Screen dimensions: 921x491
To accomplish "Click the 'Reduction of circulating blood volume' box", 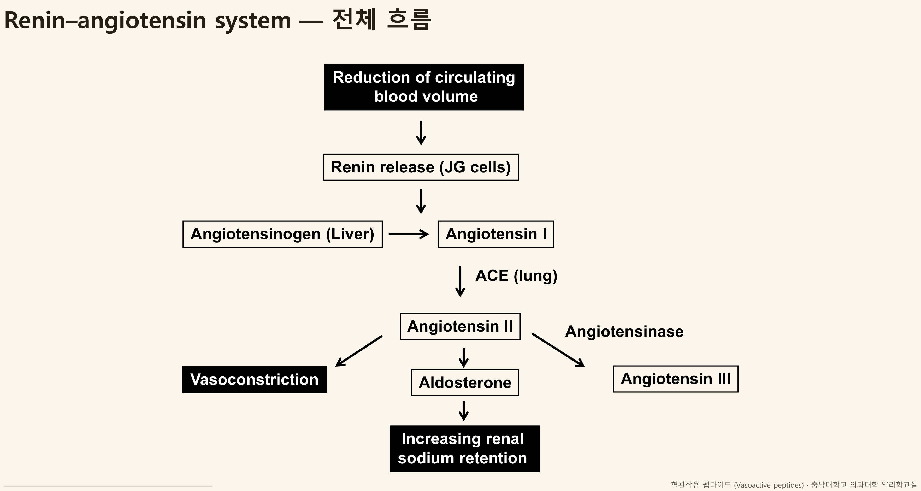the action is (x=424, y=87).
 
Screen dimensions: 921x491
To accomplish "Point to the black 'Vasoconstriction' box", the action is (x=255, y=380).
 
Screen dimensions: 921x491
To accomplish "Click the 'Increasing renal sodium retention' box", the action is (x=465, y=448).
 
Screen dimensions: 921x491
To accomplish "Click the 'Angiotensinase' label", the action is (x=624, y=332).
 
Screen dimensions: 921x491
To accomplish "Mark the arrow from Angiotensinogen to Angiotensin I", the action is (x=409, y=235).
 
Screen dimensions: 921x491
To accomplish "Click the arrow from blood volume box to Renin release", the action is (x=421, y=133).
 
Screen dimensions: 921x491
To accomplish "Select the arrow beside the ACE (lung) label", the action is (x=460, y=282).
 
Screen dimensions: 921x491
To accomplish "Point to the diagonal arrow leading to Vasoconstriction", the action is (x=359, y=351).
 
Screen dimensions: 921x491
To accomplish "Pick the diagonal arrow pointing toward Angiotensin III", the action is (x=558, y=350).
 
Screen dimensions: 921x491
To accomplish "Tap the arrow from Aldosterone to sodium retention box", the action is (x=464, y=411).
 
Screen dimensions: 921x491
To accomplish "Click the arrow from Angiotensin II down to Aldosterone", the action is (x=464, y=358).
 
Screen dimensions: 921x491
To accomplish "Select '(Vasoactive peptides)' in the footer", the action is (x=769, y=485).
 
